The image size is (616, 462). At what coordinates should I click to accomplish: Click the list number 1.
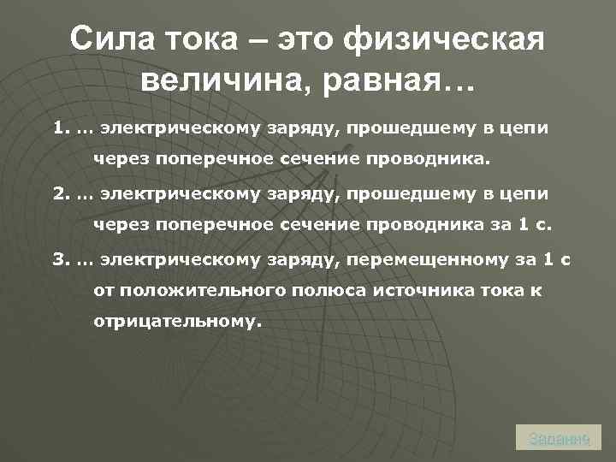click(59, 129)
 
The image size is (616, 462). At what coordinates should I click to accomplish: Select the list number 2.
click(59, 194)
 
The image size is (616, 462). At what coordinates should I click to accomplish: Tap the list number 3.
click(59, 259)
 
